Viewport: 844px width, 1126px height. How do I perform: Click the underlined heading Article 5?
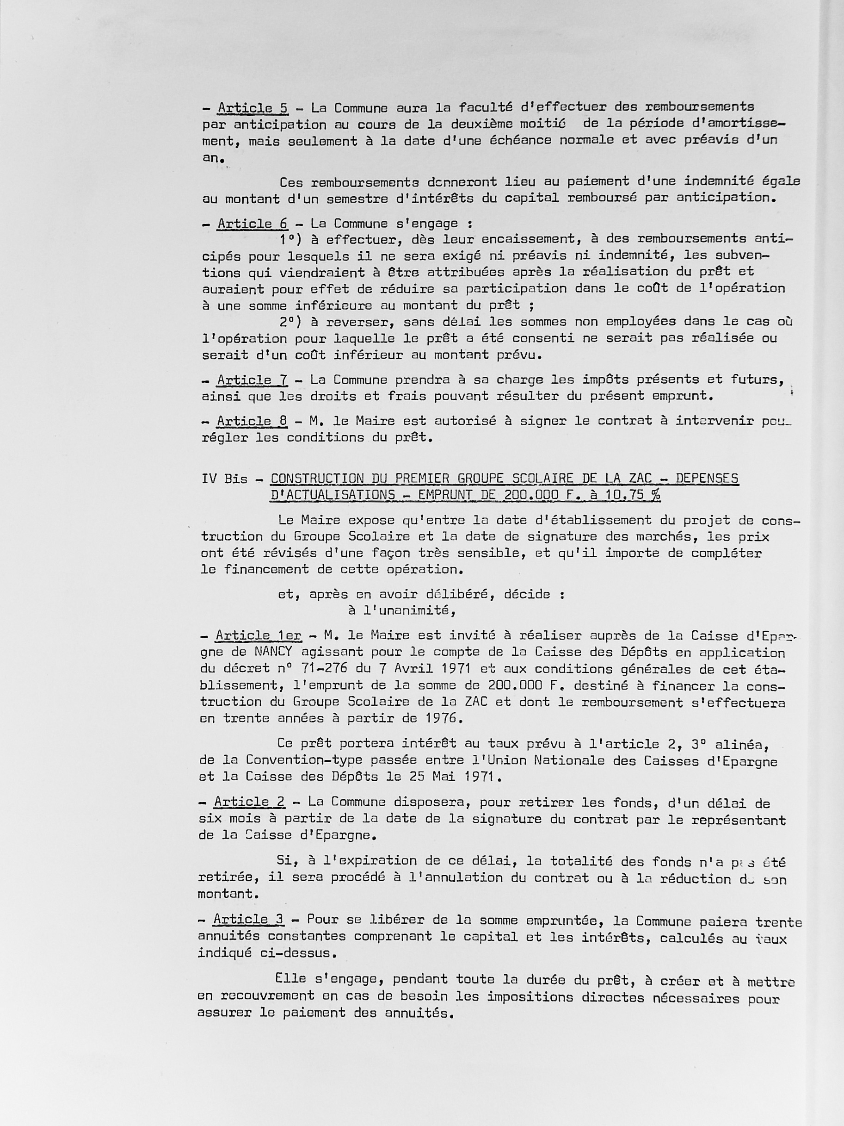pos(253,108)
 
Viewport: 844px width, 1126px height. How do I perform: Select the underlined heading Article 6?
pos(253,224)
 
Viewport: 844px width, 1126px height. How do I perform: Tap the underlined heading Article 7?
pos(253,380)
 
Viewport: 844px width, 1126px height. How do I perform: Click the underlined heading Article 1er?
pos(259,635)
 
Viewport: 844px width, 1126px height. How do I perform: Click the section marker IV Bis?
pos(224,479)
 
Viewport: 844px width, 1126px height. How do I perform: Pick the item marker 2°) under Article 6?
pos(291,322)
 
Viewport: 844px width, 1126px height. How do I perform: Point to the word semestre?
pos(357,199)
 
